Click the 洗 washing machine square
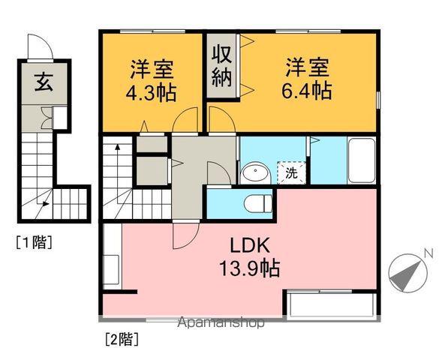[290, 172]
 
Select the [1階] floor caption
[33, 242]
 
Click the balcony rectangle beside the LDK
[330, 306]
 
